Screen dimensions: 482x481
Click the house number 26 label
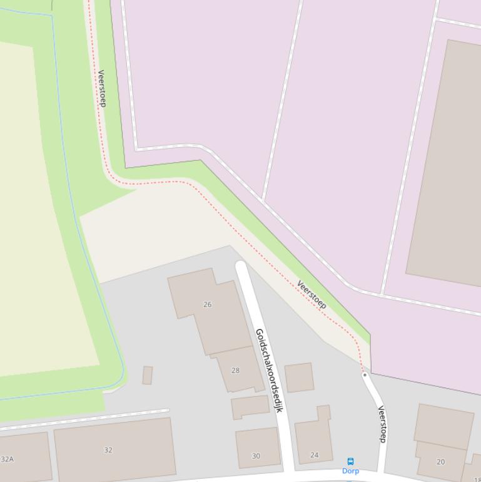coord(208,304)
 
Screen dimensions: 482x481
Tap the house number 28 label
coord(236,371)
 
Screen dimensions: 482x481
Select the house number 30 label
coord(256,456)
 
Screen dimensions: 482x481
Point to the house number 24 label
coord(315,455)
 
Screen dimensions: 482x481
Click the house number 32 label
coord(108,450)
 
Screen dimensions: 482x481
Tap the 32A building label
coord(7,459)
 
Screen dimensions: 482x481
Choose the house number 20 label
coord(440,462)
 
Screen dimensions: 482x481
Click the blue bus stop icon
coord(350,461)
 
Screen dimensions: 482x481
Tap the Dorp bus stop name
coord(350,471)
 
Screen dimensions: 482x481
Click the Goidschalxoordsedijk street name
coord(270,370)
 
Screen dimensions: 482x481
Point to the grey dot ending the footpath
coord(365,375)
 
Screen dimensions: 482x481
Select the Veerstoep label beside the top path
coord(101,88)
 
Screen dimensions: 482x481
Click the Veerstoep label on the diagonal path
coord(311,294)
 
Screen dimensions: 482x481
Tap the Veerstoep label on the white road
coord(382,424)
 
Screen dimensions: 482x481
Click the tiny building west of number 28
coord(148,375)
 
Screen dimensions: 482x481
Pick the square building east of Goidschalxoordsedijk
coord(299,377)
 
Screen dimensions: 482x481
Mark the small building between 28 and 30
coord(250,407)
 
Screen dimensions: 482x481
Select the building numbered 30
coord(258,447)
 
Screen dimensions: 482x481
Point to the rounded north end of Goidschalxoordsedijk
coord(241,267)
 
